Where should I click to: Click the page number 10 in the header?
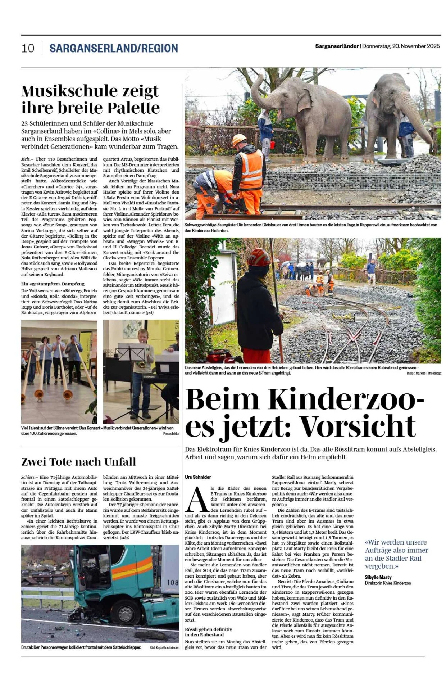28,48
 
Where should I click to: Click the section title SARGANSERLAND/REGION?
114,48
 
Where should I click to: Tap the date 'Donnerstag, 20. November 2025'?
401,46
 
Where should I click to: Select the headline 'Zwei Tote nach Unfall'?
78,462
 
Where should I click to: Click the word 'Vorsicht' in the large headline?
358,426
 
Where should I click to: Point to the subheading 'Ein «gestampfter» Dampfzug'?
53,284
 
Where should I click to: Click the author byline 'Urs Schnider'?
198,477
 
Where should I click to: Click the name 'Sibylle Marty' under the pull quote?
378,577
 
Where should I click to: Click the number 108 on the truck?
173,582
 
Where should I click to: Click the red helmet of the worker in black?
258,257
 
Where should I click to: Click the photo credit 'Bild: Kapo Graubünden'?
164,647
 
